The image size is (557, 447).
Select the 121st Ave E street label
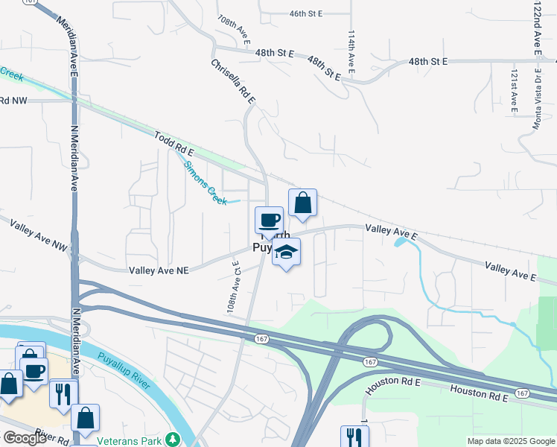point(514,92)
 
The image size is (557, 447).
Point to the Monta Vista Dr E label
point(535,101)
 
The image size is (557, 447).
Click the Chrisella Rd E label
point(232,80)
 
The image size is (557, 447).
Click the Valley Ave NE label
point(159,271)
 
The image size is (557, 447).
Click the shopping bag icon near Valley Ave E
point(302,203)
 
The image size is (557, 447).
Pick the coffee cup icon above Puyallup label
point(270,221)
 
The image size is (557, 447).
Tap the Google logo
point(24,438)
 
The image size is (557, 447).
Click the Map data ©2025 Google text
point(512,441)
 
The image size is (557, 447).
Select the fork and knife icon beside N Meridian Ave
point(63,392)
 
